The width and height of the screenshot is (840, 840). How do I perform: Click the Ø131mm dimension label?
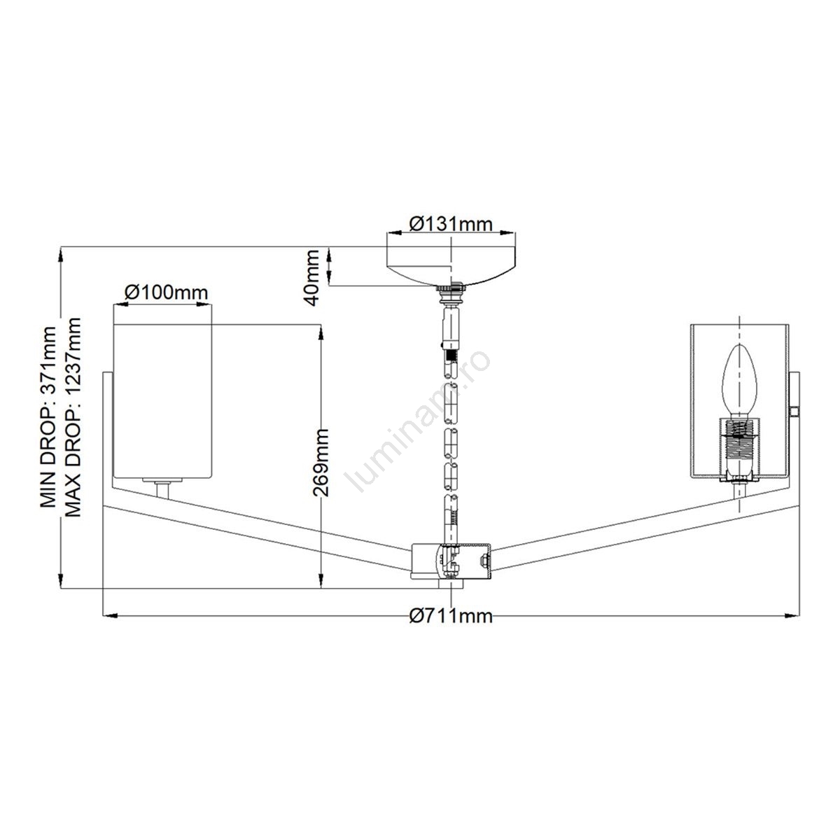coord(451,224)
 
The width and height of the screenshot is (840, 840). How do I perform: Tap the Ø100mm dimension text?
coord(166,292)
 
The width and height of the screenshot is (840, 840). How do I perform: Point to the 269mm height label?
coord(321,463)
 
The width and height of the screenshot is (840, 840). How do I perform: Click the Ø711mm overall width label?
coord(451,616)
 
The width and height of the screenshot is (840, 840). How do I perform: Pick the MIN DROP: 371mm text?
coord(48,417)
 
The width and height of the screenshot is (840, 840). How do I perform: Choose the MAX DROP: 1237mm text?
coord(72,417)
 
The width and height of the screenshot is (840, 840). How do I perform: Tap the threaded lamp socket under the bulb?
coord(739,449)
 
